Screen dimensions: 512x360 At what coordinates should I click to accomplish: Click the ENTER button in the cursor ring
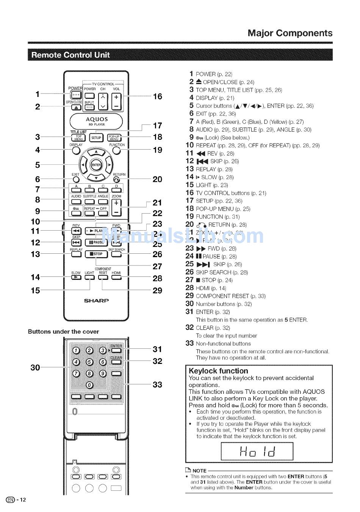(96, 165)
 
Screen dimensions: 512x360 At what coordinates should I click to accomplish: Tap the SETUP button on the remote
(96, 138)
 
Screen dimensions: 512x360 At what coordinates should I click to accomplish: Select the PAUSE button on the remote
(96, 242)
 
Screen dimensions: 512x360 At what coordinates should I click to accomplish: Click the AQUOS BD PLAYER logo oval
(96, 121)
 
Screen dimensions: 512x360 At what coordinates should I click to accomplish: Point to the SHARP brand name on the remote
(96, 301)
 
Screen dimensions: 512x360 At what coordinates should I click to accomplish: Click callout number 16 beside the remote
(157, 97)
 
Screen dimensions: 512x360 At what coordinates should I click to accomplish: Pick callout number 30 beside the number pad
(35, 367)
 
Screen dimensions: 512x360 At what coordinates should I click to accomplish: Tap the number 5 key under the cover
(89, 362)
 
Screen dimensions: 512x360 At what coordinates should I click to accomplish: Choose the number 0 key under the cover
(89, 385)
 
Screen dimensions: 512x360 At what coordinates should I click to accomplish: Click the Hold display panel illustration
(257, 451)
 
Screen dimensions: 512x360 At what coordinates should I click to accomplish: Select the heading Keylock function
(218, 371)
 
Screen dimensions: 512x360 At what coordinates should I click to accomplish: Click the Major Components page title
(290, 33)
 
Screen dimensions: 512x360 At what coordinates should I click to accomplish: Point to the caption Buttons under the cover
(63, 332)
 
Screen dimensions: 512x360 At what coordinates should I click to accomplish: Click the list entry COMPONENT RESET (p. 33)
(230, 296)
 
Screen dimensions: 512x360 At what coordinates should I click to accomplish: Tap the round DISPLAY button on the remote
(76, 151)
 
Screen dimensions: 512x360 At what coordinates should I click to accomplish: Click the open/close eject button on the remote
(76, 107)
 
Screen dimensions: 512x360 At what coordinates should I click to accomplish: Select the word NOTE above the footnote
(199, 471)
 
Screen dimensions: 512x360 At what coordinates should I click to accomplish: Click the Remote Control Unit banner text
(70, 55)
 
